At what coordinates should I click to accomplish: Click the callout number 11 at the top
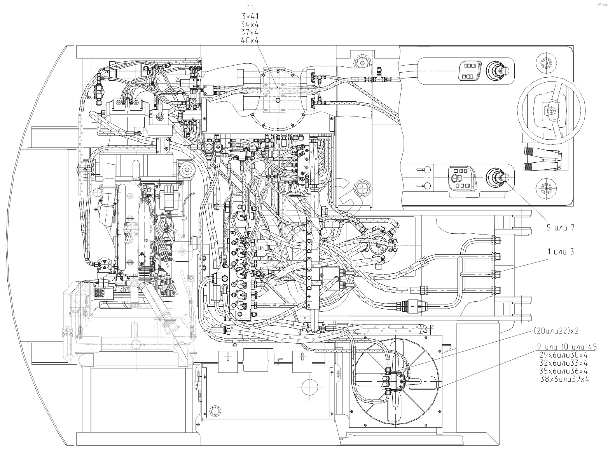tap(250, 7)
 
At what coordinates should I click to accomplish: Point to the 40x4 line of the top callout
tap(250, 40)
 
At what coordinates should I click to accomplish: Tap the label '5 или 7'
tap(561, 228)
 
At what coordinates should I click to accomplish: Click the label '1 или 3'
tap(561, 252)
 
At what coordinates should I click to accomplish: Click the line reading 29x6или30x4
tap(564, 355)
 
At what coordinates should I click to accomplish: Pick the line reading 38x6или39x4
tap(565, 379)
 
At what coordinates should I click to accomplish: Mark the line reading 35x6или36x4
tap(564, 371)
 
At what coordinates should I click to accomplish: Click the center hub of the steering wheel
tap(551, 110)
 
